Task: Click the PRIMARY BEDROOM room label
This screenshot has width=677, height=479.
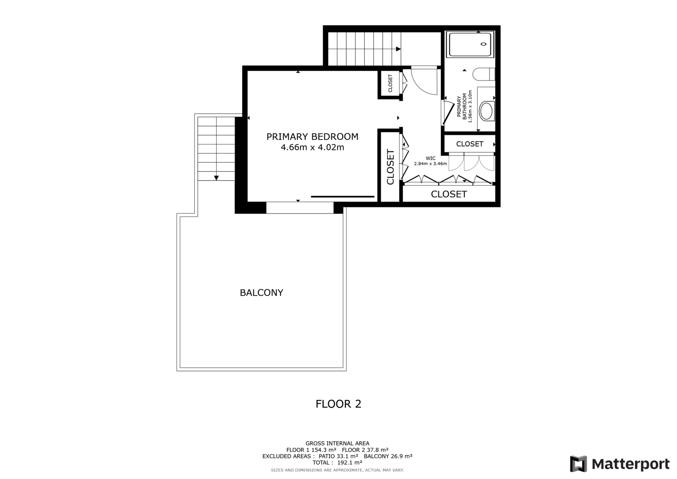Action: coord(312,137)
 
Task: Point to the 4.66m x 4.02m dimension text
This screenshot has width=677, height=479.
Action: coord(312,147)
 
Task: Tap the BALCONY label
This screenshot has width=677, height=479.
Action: coord(261,293)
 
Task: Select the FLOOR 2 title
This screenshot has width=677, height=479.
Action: coord(338,404)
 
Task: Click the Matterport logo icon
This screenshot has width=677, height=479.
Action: coord(578,464)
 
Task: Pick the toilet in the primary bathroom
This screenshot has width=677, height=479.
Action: coord(484,74)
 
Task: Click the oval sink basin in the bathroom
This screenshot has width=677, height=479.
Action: coord(486,111)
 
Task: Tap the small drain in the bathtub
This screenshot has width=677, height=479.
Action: coord(484,44)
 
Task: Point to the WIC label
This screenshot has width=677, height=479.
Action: coord(430,158)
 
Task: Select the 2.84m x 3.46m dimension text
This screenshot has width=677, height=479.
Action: coord(430,164)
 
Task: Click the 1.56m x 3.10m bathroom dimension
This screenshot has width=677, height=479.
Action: coord(470,106)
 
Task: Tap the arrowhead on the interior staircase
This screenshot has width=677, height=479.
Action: coord(398,49)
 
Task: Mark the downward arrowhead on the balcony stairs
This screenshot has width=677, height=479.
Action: coord(216,178)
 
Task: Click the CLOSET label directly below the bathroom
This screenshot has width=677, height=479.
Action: coord(470,144)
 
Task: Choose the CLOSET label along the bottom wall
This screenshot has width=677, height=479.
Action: coord(449,194)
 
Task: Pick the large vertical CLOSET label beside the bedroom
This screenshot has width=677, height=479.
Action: coord(391,167)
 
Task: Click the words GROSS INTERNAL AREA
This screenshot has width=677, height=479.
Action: coord(337,443)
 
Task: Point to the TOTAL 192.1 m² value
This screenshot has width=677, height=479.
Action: coord(337,462)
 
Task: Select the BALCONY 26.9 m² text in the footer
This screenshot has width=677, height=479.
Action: coord(388,456)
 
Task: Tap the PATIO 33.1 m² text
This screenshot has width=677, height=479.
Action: coord(338,456)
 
